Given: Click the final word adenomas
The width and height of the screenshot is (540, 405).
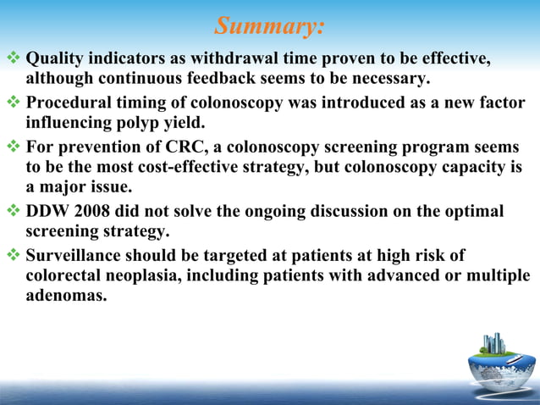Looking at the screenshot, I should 65,297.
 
